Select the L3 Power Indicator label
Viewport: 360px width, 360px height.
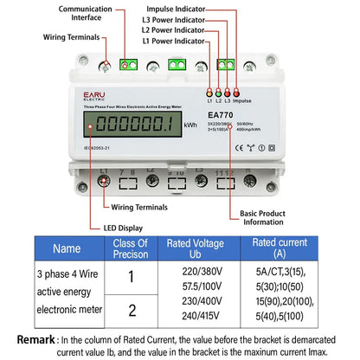tap(173, 18)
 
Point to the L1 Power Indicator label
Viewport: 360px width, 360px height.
tap(173, 41)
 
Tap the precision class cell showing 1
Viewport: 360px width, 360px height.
tap(132, 276)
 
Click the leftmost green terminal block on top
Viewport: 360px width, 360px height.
tap(130, 64)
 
